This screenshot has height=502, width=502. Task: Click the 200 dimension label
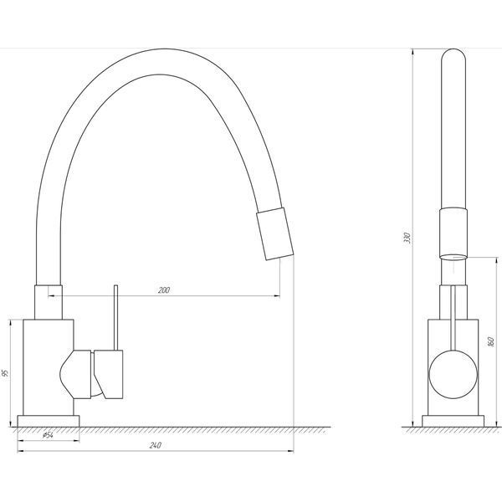[164, 290]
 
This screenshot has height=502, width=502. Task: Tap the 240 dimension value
[156, 445]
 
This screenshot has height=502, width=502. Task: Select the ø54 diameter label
[48, 435]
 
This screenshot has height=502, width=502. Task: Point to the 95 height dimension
[5, 373]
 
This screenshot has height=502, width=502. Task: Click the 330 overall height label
[407, 238]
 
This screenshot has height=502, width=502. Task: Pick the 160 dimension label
[490, 342]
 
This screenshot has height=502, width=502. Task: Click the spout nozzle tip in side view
[275, 233]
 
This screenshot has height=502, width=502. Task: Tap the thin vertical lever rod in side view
[116, 317]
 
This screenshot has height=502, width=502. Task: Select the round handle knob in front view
[453, 374]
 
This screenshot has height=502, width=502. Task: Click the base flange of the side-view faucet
[49, 421]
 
